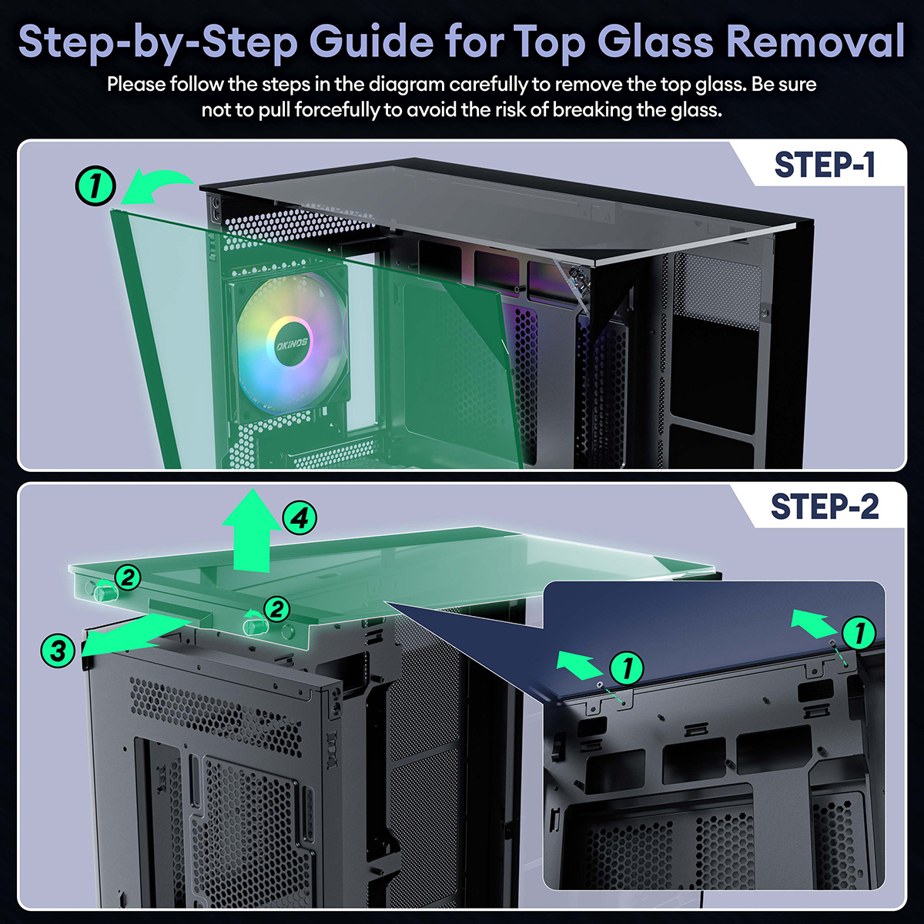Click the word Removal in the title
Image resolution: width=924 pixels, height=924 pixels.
coord(815,42)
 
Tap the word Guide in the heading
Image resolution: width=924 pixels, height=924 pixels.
coord(374,42)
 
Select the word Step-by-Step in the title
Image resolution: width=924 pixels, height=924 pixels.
coord(159,43)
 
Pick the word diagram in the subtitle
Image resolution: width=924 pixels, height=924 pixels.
coord(407,85)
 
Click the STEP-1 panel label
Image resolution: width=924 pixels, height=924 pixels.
coord(825,166)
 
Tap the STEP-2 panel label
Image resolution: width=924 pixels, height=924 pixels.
coord(825,507)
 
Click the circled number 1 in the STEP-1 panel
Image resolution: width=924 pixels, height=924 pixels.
coord(95,186)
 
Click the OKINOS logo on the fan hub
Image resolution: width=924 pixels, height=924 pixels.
coord(292,343)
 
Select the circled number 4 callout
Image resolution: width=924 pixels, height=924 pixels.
coord(300,518)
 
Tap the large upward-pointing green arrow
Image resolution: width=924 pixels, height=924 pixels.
coord(252,532)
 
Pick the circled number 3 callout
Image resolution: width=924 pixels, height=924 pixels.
coord(58,651)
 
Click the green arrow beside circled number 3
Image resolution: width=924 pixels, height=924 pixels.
coord(139,634)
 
